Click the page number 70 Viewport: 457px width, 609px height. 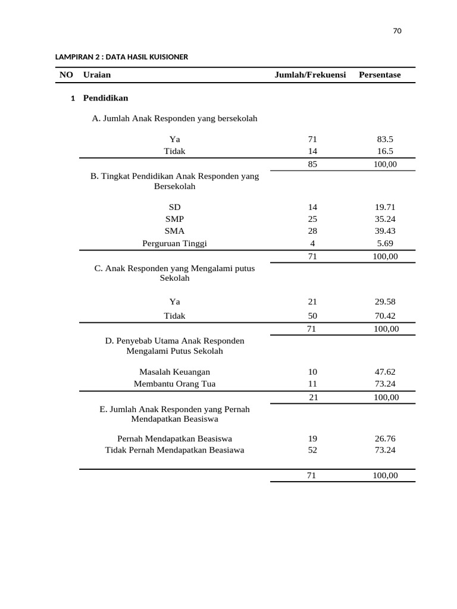(x=397, y=32)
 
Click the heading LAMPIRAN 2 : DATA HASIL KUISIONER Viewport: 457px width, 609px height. (x=122, y=57)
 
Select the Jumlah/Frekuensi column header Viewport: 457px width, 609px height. (x=310, y=75)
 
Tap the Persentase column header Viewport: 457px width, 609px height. (x=380, y=75)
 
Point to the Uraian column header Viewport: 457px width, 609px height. (x=97, y=75)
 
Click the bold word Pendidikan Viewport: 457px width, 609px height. (x=105, y=98)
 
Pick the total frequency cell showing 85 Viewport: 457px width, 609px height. (x=312, y=165)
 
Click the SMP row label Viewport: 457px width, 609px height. (x=174, y=219)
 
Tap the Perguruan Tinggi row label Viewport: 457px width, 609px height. (x=174, y=243)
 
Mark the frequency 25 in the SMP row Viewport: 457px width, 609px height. (x=312, y=219)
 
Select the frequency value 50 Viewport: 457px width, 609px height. (x=312, y=316)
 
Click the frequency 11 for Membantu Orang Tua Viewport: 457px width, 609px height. (x=312, y=384)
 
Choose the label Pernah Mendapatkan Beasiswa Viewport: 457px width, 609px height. (x=174, y=438)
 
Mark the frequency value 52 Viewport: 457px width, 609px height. (x=312, y=450)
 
